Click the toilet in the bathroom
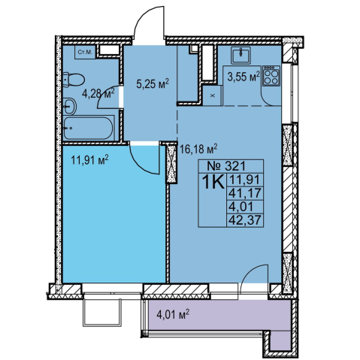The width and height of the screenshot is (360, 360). click(73, 80)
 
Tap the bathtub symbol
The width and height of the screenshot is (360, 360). click(89, 128)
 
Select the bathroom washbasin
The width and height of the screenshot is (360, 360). click(69, 106)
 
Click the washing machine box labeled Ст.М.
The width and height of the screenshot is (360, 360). click(85, 53)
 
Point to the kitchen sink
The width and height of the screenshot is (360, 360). click(241, 55)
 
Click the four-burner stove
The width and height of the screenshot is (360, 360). click(271, 76)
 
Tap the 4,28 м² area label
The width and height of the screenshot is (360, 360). click(98, 94)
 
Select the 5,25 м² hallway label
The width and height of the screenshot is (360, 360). click(153, 83)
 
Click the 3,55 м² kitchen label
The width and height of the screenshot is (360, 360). click(244, 76)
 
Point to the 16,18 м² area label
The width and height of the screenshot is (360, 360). click(198, 150)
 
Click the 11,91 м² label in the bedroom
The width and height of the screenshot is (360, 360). click(89, 160)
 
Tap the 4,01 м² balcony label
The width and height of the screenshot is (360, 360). click(173, 314)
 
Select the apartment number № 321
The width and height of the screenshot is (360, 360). click(226, 166)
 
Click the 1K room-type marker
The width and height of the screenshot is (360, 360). click(213, 183)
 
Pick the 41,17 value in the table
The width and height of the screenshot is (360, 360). click(245, 194)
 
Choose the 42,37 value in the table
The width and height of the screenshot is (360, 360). click(245, 221)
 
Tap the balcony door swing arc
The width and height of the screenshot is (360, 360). click(248, 272)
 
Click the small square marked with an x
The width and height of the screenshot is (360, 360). click(213, 95)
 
